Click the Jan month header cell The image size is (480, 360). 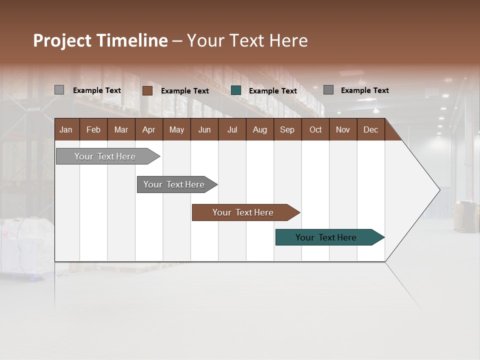pos(66,129)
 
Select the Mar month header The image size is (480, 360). pos(121,129)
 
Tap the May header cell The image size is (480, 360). pos(176,129)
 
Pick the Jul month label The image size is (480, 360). pos(232,129)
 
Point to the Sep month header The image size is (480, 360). pos(287,129)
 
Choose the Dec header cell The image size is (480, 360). pos(370,129)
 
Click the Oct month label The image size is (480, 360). pos(315,129)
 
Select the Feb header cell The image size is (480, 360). pos(93,129)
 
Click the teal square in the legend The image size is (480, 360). pos(236,90)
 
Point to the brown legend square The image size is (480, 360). pos(147,90)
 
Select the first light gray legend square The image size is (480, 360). pos(59,90)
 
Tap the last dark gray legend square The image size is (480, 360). pos(328,90)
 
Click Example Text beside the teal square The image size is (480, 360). pos(273,91)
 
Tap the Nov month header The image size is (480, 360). pos(343,129)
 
